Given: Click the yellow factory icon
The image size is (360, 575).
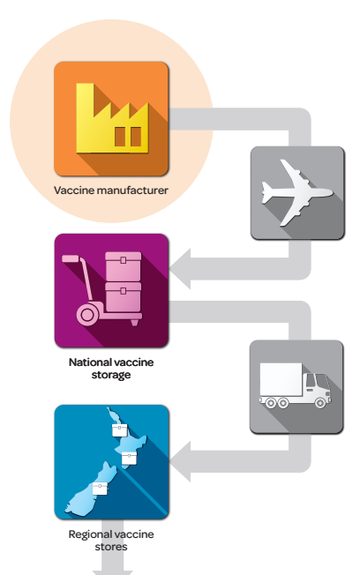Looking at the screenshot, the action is pos(112,118).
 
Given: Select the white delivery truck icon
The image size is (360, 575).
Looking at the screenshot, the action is pos(296,385).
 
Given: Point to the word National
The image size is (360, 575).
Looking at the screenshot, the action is pos(89,362).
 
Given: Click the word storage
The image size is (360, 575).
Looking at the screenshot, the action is pos(111,375).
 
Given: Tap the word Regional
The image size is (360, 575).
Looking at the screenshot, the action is pos(90,534).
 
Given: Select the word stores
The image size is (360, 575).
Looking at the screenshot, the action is pos(111,547).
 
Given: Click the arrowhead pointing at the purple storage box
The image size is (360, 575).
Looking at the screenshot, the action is pos(181,268).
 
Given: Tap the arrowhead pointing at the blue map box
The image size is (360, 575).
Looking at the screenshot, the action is pos(181,461).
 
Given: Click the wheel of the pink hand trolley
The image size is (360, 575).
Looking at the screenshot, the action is pos(87,315).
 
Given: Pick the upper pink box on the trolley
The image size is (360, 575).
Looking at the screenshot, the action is pos(124,266).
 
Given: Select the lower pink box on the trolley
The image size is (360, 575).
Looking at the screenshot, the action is pos(124,297).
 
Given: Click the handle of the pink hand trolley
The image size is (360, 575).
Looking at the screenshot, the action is pos(71,259).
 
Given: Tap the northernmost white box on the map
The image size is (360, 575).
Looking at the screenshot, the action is pos(120,430).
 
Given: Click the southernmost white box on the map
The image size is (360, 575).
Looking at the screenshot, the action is pos(100,489).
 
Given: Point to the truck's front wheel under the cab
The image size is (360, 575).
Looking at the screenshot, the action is pos(320,403).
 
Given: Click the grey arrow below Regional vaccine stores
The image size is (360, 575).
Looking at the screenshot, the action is pos(112,550).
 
